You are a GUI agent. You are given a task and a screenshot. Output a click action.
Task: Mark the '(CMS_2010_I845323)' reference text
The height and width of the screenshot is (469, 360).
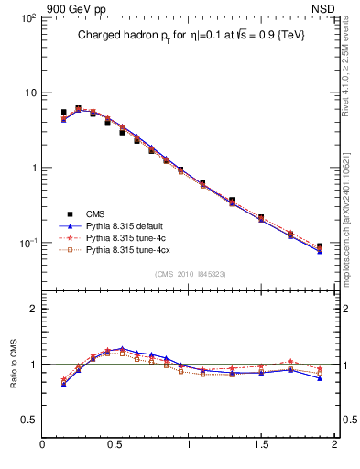pos(188,273)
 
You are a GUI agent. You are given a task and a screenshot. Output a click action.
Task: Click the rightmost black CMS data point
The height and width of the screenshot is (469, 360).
pos(319,246)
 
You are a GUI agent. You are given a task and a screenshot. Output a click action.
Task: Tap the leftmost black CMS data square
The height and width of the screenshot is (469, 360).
pos(63,112)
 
